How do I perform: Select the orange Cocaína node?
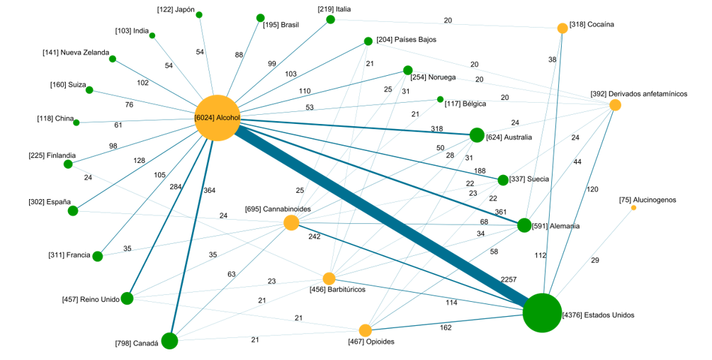(x=563, y=28)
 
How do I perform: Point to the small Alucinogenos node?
(x=633, y=208)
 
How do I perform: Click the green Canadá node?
(x=169, y=341)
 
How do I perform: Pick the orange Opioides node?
(x=366, y=330)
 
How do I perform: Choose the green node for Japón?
(x=199, y=15)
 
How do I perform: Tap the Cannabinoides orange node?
(x=291, y=223)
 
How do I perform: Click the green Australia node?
(x=477, y=135)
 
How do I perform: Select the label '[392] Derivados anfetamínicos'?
(x=638, y=94)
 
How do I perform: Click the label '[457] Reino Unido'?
(x=91, y=300)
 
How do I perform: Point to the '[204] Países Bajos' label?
(x=406, y=40)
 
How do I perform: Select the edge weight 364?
(x=208, y=191)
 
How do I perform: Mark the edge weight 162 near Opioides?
(x=445, y=328)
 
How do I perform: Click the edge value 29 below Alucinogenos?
(x=594, y=261)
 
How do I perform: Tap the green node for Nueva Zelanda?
(x=113, y=59)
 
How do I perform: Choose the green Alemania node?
(x=524, y=225)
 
